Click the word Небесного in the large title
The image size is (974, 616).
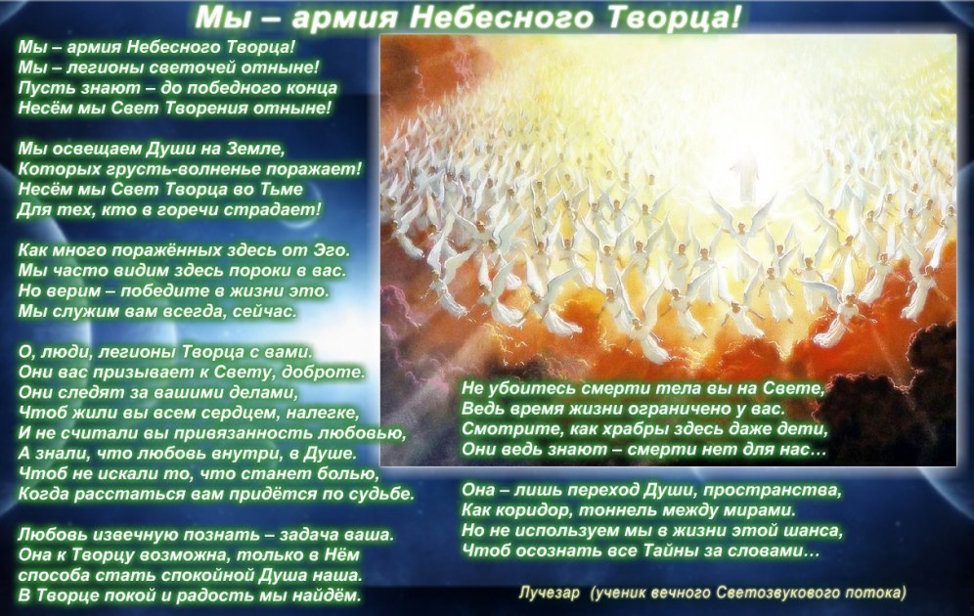tap(502, 18)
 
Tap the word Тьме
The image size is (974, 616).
tap(282, 189)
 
